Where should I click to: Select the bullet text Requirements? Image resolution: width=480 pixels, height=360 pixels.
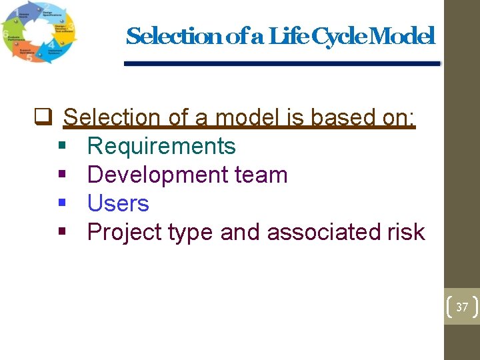click(161, 146)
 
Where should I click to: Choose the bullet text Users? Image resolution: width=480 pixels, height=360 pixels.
click(118, 203)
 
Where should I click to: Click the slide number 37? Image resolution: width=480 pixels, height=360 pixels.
click(462, 307)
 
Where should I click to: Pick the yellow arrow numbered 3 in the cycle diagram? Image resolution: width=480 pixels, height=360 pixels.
click(67, 28)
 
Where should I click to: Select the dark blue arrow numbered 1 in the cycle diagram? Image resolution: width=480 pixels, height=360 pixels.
click(20, 12)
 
